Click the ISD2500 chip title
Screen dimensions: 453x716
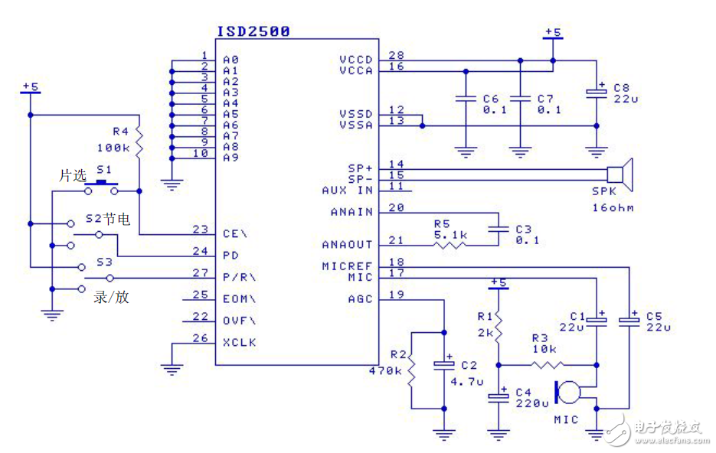253,31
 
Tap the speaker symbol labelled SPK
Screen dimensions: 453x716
620,174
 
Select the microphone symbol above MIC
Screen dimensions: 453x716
567,392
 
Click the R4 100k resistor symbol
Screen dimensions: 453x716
139,142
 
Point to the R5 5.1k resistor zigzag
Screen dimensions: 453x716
450,245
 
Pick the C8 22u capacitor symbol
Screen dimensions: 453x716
597,92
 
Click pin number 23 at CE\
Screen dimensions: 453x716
200,229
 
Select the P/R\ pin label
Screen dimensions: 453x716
240,277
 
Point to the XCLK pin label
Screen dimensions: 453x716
240,343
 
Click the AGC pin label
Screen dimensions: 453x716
359,299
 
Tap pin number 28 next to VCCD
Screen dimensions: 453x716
396,55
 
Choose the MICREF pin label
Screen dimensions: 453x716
347,266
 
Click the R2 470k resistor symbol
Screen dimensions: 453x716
411,371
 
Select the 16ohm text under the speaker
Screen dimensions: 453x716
613,208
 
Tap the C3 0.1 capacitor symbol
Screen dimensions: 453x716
498,228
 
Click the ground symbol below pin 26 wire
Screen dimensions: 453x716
172,369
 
